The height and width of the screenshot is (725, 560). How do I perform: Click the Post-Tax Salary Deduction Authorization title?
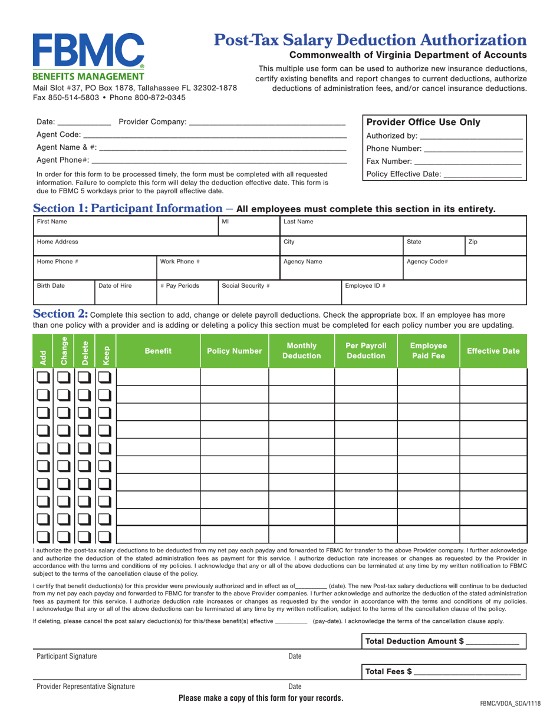(x=370, y=40)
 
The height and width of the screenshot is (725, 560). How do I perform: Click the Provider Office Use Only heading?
(x=423, y=123)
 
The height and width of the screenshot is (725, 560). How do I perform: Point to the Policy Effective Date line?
(x=482, y=174)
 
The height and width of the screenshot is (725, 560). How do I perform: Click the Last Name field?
(x=402, y=226)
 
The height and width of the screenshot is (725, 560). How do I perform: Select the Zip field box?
(x=495, y=246)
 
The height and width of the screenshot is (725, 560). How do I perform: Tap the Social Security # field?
(x=279, y=292)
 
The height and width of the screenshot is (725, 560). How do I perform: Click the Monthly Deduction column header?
(x=302, y=351)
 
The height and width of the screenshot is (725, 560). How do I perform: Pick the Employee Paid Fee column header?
(x=429, y=351)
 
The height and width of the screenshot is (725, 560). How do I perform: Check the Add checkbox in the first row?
(x=43, y=377)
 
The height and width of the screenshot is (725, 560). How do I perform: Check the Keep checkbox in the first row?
(x=105, y=377)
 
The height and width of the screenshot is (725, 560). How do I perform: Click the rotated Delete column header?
(x=85, y=351)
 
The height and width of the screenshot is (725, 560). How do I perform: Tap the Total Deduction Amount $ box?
(x=443, y=641)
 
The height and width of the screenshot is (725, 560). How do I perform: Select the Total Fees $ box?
(x=443, y=671)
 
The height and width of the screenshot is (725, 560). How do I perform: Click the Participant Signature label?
(x=67, y=656)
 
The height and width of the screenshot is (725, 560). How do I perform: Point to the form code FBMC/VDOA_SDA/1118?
(x=510, y=704)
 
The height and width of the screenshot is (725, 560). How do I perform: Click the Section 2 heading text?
(x=61, y=314)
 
